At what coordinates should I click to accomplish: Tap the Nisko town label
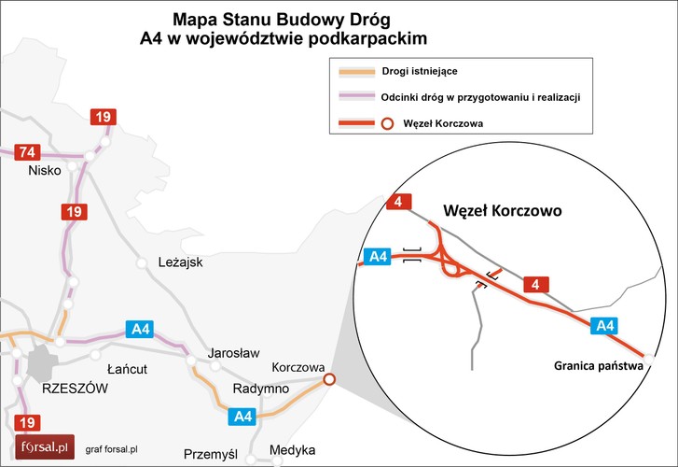(44, 171)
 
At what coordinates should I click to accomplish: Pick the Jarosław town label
(233, 353)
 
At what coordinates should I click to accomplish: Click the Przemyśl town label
(212, 454)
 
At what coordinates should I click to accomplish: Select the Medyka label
(292, 450)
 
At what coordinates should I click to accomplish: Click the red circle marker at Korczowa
(328, 379)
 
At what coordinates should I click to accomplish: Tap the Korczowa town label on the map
(297, 367)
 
